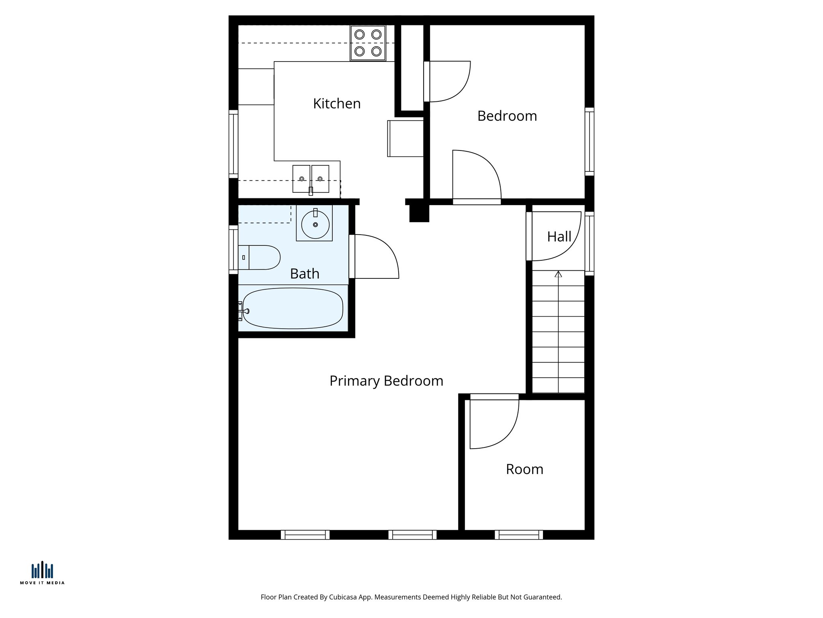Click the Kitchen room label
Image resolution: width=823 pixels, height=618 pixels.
337,104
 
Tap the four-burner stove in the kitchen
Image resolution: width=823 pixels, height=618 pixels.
368,43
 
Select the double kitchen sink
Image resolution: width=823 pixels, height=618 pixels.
311,179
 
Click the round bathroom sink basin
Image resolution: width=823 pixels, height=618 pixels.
315,225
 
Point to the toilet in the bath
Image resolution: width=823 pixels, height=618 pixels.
260,257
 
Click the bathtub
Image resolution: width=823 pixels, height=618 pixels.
293,309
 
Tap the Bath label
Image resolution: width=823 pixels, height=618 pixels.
305,274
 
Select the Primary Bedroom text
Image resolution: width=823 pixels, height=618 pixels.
386,381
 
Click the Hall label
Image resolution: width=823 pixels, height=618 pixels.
559,237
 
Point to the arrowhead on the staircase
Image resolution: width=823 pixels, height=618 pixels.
558,274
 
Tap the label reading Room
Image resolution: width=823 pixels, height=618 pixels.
524,470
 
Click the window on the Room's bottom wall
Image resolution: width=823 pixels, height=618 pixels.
519,535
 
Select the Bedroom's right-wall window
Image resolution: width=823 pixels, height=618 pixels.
589,142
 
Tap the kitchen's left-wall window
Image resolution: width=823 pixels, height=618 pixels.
233,144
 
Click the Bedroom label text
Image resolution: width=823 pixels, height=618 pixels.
507,116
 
